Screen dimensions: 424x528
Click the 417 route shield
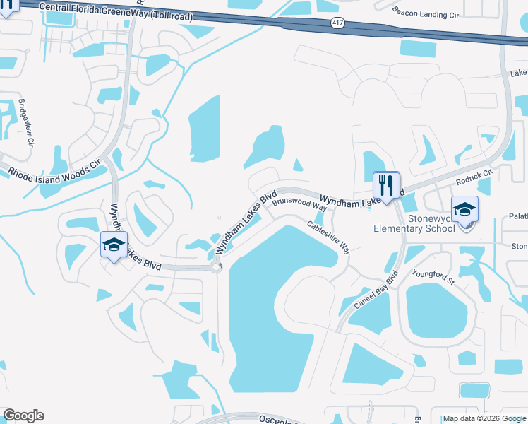click(x=337, y=23)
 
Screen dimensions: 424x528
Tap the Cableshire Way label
click(x=328, y=237)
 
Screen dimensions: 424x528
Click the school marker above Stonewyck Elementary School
click(x=465, y=210)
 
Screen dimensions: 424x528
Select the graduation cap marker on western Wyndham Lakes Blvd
click(x=114, y=245)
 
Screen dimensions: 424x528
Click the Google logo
click(x=23, y=416)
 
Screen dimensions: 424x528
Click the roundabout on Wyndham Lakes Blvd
click(x=217, y=266)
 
